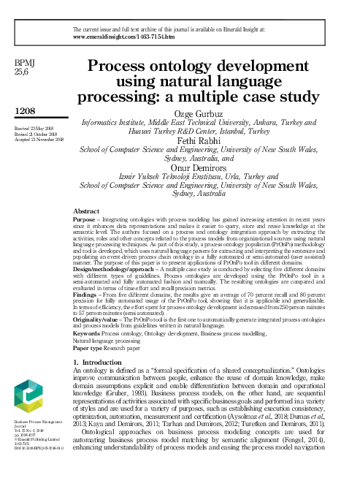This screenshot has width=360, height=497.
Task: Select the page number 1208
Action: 26,110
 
